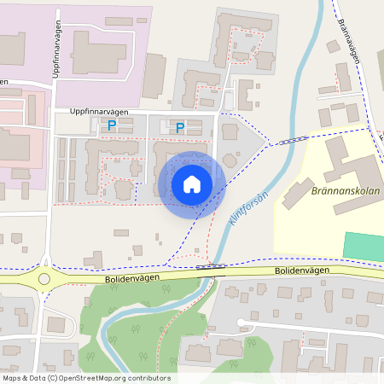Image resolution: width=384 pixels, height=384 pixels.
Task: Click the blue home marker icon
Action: click(192, 184)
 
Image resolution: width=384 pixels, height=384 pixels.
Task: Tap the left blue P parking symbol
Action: click(112, 126)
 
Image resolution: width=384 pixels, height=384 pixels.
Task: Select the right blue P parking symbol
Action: click(180, 128)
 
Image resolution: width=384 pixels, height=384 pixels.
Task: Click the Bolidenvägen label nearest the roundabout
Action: click(109, 278)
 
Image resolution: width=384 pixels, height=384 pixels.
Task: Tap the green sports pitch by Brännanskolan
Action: click(364, 245)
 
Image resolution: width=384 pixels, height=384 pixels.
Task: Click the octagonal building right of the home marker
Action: click(230, 160)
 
